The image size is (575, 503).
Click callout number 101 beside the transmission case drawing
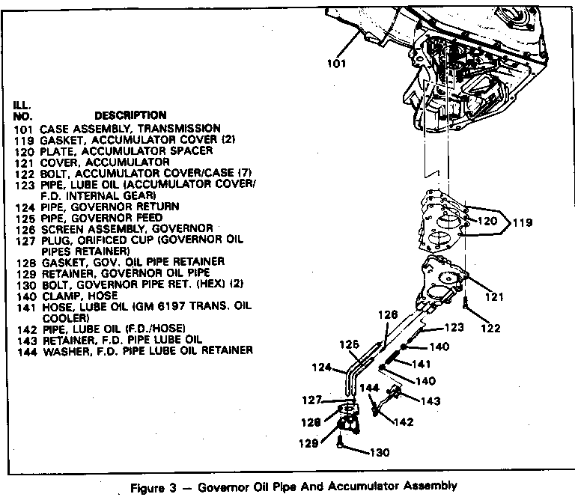(337, 63)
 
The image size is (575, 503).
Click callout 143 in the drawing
(431, 400)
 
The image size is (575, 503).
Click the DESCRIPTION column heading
(130, 115)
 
